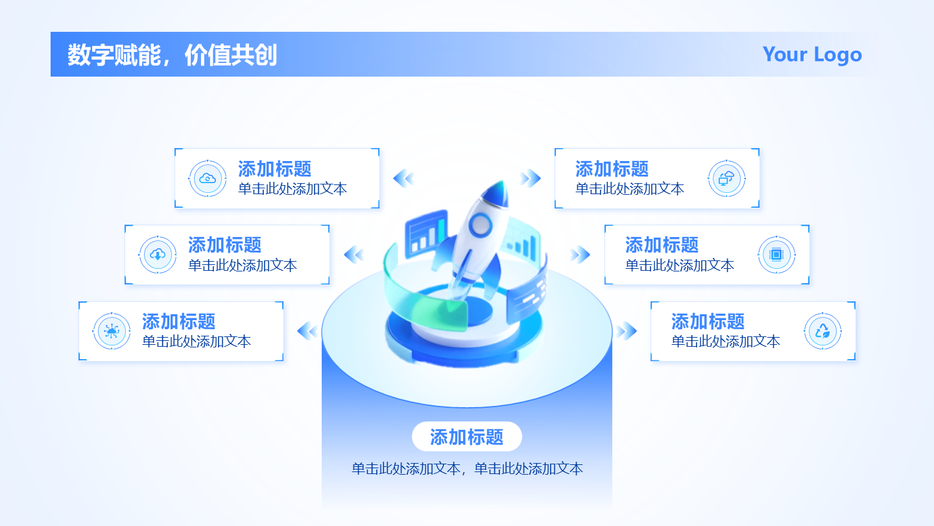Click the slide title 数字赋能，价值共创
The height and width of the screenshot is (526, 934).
tap(173, 55)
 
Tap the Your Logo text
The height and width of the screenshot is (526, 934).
tap(812, 55)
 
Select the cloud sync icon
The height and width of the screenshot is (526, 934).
tap(208, 179)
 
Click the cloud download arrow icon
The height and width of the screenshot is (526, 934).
tap(158, 255)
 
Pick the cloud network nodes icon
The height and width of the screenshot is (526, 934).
tap(112, 331)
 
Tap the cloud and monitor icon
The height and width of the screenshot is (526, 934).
tap(726, 179)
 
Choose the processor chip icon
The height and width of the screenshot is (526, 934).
tap(776, 255)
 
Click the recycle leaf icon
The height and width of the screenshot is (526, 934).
tap(822, 331)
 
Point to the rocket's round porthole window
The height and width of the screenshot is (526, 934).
tap(481, 225)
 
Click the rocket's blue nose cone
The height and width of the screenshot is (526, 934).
tap(497, 194)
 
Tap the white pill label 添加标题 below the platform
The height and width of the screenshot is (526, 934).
tap(466, 436)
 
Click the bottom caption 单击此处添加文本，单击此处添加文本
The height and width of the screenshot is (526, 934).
tap(467, 469)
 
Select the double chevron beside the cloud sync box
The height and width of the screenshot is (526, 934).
tap(403, 179)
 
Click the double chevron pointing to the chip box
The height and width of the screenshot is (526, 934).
tap(580, 255)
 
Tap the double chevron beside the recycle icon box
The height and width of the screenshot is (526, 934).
tap(627, 331)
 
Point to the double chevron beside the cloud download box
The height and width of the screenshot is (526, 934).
tap(354, 255)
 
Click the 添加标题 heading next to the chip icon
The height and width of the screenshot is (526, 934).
tap(662, 245)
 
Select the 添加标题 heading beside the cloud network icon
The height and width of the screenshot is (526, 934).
tap(178, 322)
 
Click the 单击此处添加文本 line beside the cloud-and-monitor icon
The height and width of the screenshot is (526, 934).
tap(630, 189)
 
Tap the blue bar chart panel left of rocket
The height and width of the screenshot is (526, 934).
tap(426, 233)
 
